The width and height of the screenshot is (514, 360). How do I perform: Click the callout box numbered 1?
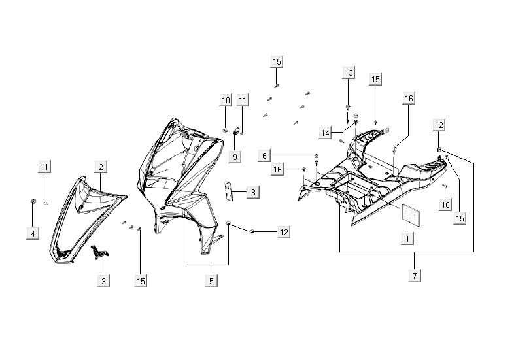coord(407,238)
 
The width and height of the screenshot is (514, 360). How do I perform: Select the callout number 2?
coord(101,167)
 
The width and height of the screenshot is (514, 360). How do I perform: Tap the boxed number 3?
coord(104,281)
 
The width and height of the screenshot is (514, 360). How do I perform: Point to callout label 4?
coord(33,232)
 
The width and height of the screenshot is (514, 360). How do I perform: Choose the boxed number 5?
coord(211,281)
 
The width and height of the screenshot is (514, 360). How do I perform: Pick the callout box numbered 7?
coord(413,275)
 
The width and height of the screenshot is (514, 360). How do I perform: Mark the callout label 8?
coord(252,192)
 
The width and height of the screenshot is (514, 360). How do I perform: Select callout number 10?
coord(226,101)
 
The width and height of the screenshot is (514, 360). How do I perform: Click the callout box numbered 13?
coord(348,72)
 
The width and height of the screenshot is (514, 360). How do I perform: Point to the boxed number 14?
coord(326,133)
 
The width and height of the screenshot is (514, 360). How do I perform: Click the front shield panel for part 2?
coord(82,209)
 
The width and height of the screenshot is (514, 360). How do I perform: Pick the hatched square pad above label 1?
coord(409,214)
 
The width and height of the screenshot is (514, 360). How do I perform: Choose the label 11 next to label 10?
coord(243,101)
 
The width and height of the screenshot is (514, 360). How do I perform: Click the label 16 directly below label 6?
coord(278,170)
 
